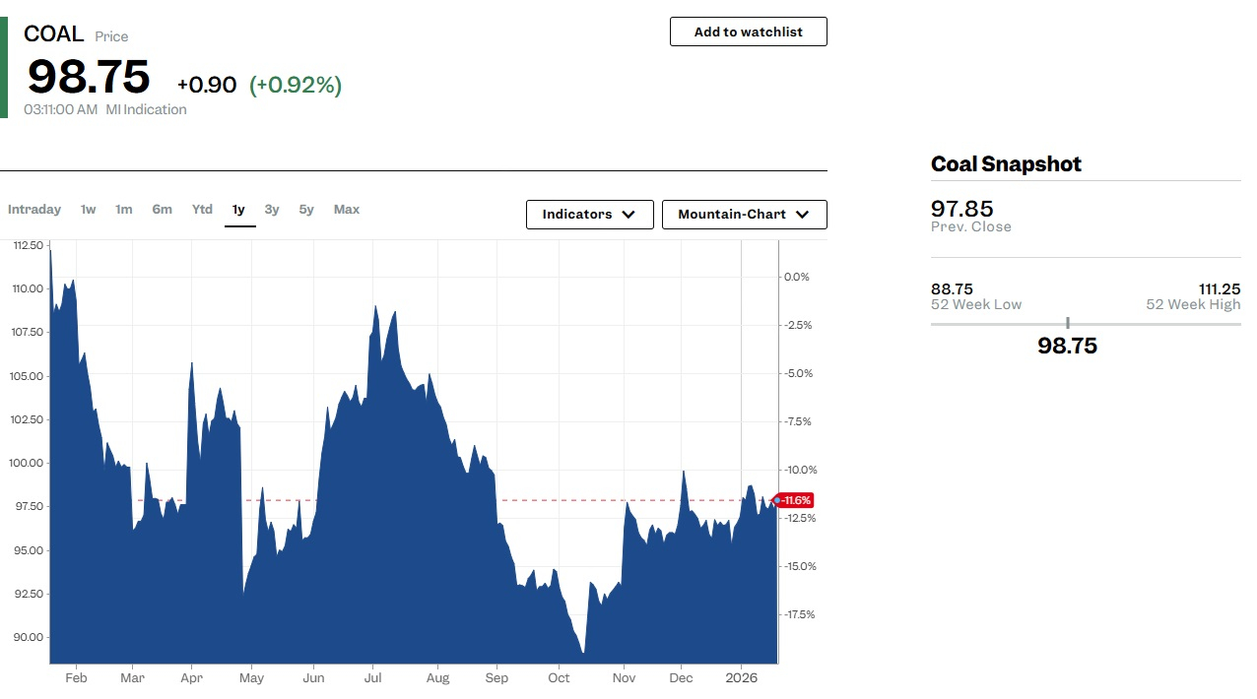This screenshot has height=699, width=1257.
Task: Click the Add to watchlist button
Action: pyautogui.click(x=748, y=32)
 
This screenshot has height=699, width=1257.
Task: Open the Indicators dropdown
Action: pyautogui.click(x=589, y=215)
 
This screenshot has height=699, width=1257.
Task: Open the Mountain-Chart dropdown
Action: pyautogui.click(x=744, y=215)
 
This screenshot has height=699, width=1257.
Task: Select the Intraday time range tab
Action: pyautogui.click(x=34, y=210)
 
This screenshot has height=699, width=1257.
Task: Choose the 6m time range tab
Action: pyautogui.click(x=162, y=210)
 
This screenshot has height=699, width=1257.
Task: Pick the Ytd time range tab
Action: pyautogui.click(x=202, y=210)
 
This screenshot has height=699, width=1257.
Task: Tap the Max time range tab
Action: pyautogui.click(x=347, y=210)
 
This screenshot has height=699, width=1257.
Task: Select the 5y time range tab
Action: pyautogui.click(x=306, y=210)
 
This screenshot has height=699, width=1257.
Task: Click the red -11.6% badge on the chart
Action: pyautogui.click(x=795, y=500)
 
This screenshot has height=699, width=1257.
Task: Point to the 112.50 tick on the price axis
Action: pyautogui.click(x=27, y=245)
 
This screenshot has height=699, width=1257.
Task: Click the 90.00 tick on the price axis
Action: pyautogui.click(x=27, y=637)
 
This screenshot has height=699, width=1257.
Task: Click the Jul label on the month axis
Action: pyautogui.click(x=373, y=678)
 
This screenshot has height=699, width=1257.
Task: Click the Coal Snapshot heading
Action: pyautogui.click(x=1006, y=164)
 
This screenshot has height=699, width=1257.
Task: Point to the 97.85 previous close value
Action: pyautogui.click(x=961, y=209)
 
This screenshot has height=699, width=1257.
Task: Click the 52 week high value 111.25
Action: pyautogui.click(x=1219, y=289)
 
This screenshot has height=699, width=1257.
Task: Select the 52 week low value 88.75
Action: pyautogui.click(x=952, y=289)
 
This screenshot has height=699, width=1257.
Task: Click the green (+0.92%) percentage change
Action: pyautogui.click(x=296, y=86)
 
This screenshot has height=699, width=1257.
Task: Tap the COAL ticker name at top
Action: pyautogui.click(x=53, y=34)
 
